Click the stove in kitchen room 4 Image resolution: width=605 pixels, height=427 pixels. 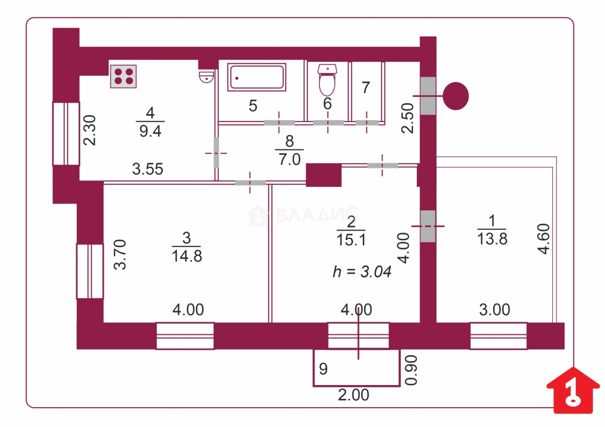click(x=123, y=76)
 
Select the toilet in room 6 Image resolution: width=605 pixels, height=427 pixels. click(x=327, y=81)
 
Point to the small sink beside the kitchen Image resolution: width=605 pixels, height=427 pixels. click(x=206, y=76)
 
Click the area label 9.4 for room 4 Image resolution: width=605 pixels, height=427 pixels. click(x=150, y=131)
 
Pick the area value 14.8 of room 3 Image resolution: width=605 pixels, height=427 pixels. click(x=187, y=255)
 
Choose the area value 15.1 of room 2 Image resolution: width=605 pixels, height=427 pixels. click(x=351, y=239)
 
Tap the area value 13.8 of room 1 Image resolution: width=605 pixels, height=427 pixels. click(x=492, y=238)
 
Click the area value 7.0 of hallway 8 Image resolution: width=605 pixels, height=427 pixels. click(x=289, y=159)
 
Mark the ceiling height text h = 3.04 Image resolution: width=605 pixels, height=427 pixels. click(x=361, y=272)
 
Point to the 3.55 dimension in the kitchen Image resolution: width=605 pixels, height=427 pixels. click(x=148, y=169)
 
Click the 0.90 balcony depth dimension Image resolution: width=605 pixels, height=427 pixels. click(x=410, y=371)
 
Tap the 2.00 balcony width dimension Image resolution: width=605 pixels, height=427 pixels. click(x=354, y=395)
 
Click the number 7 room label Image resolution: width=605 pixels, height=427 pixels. click(x=365, y=88)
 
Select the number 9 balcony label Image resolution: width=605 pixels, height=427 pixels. click(x=323, y=369)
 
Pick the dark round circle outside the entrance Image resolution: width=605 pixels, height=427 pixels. click(x=456, y=96)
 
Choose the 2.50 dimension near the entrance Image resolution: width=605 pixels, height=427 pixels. click(x=408, y=118)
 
